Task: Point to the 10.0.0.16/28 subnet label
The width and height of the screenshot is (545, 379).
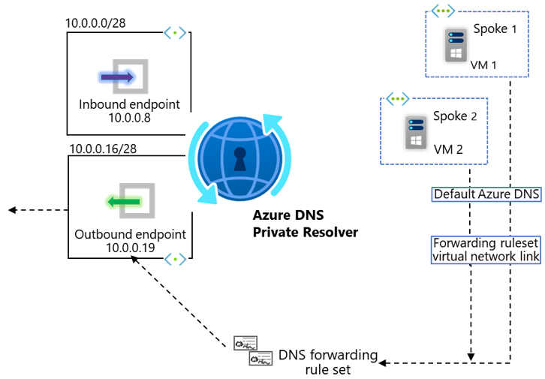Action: pos(104,149)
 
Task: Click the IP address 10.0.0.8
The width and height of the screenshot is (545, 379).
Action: pos(129,119)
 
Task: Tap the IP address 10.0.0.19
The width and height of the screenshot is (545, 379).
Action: pos(130,248)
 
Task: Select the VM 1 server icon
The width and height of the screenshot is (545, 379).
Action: pos(453,46)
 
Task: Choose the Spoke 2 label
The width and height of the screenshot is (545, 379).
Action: pos(456,117)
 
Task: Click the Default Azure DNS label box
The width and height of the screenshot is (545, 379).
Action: pos(486,194)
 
